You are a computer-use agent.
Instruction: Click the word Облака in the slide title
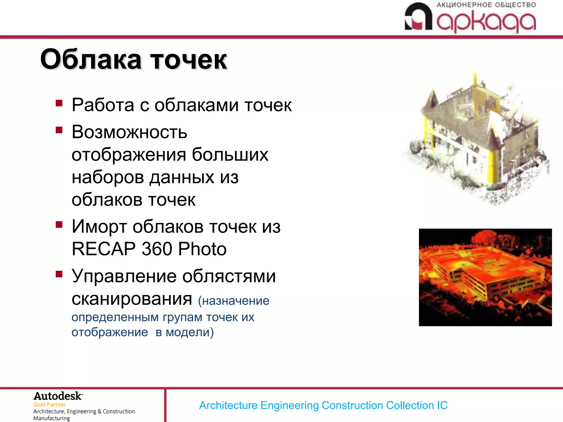91,60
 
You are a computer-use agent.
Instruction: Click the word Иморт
99,227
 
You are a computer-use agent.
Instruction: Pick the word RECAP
103,249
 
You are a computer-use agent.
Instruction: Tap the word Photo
202,249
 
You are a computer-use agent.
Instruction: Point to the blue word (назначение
234,301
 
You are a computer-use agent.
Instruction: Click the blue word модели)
190,332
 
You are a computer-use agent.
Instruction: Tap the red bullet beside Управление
59,274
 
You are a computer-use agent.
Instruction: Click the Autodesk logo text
58,396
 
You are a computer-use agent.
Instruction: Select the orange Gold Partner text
49,405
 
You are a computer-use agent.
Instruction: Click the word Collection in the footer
410,406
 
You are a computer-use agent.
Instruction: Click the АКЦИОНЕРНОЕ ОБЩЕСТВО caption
486,5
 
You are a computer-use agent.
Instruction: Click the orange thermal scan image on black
485,277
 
